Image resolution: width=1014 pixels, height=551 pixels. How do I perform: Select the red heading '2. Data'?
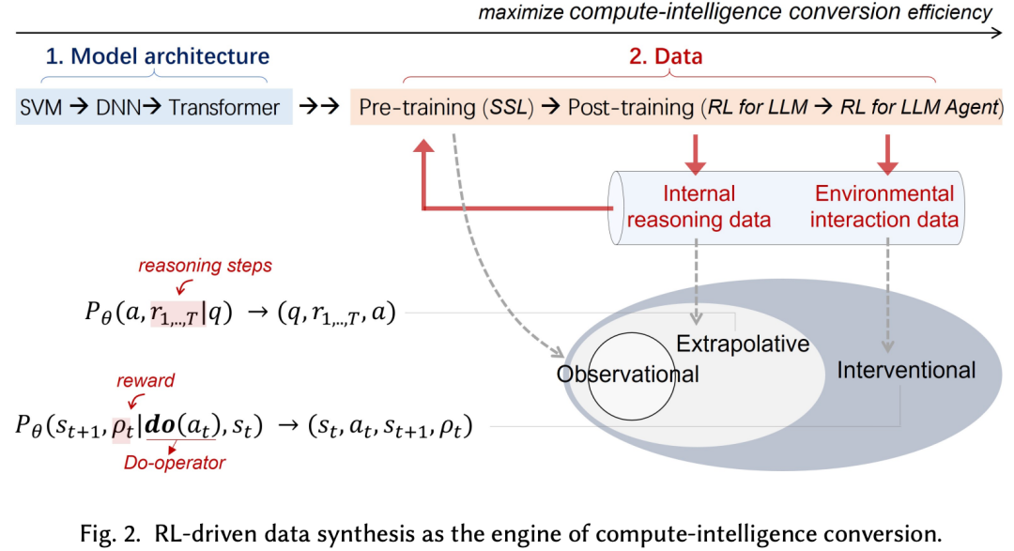click(x=665, y=57)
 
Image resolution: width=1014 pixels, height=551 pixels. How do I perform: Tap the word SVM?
click(x=41, y=107)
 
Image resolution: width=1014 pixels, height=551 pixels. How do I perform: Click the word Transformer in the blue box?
click(x=224, y=107)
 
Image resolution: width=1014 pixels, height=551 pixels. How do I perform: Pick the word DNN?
click(x=117, y=107)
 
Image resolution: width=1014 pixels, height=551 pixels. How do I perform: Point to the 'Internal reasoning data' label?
click(x=699, y=207)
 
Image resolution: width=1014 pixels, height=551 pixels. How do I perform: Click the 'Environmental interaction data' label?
click(x=884, y=207)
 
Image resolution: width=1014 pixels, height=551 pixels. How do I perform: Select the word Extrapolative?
click(x=743, y=344)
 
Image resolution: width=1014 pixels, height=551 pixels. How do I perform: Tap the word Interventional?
click(x=906, y=370)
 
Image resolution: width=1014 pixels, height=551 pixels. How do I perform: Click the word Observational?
click(x=628, y=374)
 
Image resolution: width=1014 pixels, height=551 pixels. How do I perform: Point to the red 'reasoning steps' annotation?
click(x=205, y=266)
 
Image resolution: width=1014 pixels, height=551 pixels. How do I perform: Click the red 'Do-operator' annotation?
click(x=176, y=462)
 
